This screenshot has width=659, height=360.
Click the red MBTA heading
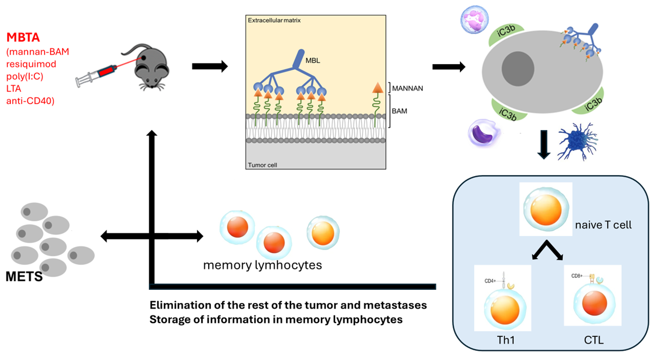tap(23, 37)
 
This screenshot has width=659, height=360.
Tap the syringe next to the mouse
tap(97, 75)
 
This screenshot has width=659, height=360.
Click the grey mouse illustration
tap(150, 68)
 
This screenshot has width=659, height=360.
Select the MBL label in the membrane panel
tap(313, 61)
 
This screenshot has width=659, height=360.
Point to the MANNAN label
tap(408, 88)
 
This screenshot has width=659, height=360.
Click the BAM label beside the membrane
tap(399, 111)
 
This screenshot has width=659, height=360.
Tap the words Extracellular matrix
tap(274, 20)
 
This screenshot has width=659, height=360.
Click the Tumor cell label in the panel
tap(262, 165)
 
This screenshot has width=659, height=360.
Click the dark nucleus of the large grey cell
tap(518, 68)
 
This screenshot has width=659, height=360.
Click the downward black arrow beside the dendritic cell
tap(544, 144)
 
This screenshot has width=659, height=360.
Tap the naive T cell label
tap(603, 225)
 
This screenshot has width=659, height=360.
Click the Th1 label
tap(506, 340)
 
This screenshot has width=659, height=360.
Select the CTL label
tap(594, 340)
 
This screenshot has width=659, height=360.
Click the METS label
tap(24, 276)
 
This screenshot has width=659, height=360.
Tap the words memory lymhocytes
tap(262, 265)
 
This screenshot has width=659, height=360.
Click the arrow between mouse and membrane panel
tap(210, 66)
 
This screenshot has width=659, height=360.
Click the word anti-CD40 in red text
tap(30, 101)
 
